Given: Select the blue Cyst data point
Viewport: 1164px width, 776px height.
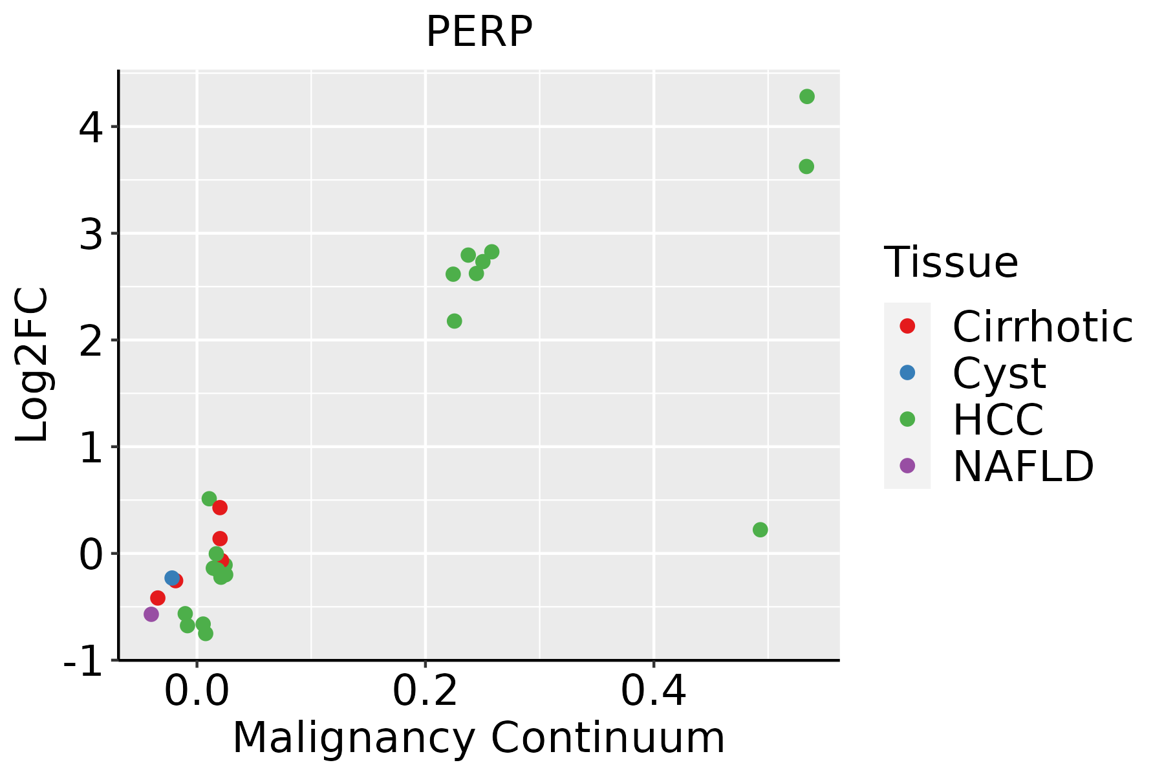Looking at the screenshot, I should point(172,577).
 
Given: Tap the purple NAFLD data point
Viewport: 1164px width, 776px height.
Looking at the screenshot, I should point(151,614).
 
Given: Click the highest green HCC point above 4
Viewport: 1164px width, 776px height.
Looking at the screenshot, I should point(807,96).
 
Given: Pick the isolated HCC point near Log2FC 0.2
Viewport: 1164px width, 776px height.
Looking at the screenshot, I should point(760,530).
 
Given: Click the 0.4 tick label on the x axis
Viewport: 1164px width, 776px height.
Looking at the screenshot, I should point(654,692).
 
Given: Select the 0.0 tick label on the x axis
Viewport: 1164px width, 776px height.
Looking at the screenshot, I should point(197,692).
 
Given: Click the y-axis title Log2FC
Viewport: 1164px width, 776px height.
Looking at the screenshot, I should point(32,365).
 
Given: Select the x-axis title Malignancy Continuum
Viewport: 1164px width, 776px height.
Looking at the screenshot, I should point(479,738).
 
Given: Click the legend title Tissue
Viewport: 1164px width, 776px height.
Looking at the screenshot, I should point(951,263).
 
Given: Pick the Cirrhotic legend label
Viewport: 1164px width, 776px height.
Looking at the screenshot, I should point(1042,327).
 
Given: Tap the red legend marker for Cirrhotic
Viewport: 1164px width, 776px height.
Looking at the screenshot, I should point(907,326).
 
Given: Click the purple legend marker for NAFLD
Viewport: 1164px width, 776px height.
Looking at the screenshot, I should point(907,466).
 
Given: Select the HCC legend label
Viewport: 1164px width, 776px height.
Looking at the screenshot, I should point(998,420).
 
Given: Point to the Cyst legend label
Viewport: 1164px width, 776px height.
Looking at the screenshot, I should point(999,373).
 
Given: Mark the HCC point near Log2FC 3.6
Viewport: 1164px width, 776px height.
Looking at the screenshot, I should point(806,166).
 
